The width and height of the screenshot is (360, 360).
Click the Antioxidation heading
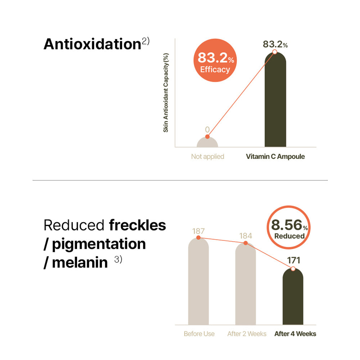point(92,44)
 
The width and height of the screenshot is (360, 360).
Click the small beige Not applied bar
point(207,143)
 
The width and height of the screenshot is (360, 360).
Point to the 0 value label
point(207,129)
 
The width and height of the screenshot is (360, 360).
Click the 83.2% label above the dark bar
point(275,44)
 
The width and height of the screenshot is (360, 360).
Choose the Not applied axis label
point(207,157)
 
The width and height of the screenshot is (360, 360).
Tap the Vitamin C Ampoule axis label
point(275,157)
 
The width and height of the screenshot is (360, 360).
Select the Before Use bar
point(198,284)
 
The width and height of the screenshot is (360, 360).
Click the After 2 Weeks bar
point(246,286)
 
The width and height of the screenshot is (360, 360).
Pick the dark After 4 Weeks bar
point(293,299)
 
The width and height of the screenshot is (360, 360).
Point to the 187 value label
point(198,230)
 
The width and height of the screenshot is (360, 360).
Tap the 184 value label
point(246,236)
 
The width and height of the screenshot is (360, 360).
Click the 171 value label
point(293,260)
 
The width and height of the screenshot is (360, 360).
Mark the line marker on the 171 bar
point(293,269)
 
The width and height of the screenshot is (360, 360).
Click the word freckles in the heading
point(137,225)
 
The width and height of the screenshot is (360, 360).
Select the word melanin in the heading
point(80,262)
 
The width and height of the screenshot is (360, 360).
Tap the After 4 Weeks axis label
point(295,334)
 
